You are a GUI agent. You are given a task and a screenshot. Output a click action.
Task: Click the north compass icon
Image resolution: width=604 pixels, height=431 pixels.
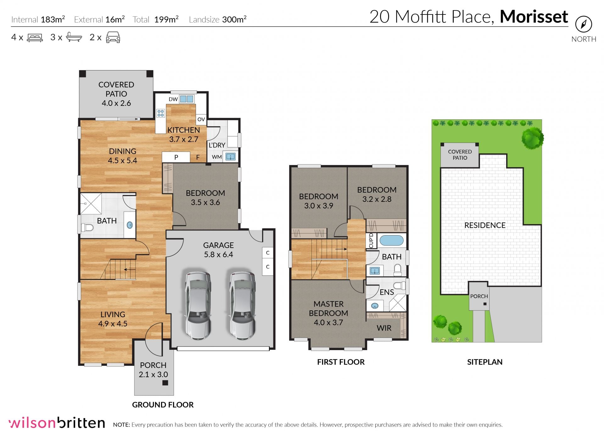click(x=584, y=24)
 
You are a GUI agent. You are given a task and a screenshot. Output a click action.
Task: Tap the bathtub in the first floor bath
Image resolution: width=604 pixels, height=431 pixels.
click(x=391, y=241)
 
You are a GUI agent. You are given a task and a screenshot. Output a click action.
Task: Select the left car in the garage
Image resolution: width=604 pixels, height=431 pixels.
click(x=198, y=305)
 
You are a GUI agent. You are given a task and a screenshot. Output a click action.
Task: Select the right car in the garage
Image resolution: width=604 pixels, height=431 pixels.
click(x=242, y=305)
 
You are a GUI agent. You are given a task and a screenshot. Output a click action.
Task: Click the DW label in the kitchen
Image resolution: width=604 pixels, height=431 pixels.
click(x=173, y=99)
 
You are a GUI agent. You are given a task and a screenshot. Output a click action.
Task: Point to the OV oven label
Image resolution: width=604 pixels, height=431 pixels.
click(x=201, y=119)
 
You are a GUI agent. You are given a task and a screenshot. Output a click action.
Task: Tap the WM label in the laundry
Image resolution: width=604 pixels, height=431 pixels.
click(x=217, y=157)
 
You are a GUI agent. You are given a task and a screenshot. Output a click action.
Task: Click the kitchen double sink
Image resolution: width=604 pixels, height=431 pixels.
click(x=186, y=99)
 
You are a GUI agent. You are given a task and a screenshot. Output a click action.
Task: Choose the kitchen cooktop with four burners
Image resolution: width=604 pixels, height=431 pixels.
click(x=161, y=113)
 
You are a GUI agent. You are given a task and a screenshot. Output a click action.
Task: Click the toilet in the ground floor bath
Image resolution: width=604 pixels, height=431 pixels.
click(x=87, y=227)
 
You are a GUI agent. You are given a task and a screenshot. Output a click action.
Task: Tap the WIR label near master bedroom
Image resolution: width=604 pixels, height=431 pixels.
click(x=384, y=328)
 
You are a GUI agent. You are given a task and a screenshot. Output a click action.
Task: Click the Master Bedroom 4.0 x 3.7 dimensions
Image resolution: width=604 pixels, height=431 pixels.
click(x=328, y=322)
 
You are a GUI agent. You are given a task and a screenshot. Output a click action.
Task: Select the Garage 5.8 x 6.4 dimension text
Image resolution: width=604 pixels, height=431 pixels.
click(x=219, y=254)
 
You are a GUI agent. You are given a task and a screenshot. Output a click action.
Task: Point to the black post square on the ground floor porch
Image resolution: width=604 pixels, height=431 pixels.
click(x=165, y=383)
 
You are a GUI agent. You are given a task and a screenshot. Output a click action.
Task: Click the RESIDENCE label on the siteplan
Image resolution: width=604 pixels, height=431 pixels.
click(x=485, y=225)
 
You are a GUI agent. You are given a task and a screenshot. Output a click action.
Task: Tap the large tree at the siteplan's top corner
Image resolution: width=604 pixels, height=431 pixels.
click(x=532, y=138)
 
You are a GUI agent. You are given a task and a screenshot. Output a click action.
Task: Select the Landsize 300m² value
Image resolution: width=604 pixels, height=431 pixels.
click(x=234, y=19)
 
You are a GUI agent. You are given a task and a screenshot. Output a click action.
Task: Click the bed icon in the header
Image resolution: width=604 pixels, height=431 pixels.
click(x=35, y=37)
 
